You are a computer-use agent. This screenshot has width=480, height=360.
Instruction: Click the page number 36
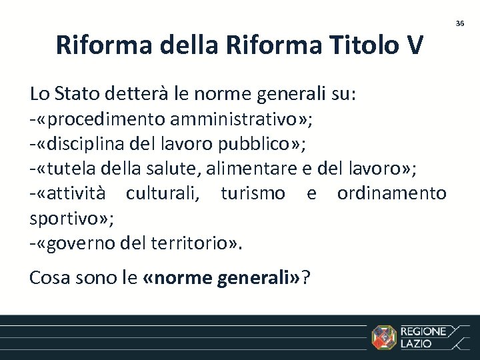tap(459, 23)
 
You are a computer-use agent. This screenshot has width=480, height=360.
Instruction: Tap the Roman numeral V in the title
tap(413, 45)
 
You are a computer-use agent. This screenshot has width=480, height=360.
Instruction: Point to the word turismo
tap(253, 193)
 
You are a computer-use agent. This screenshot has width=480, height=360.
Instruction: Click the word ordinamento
tap(391, 193)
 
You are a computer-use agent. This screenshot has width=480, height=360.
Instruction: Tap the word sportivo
tap(61, 218)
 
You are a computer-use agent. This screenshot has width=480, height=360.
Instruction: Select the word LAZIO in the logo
tap(416, 344)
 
